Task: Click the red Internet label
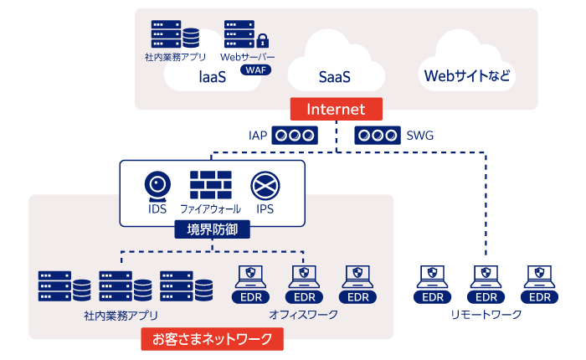(336, 109)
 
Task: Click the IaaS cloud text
(213, 77)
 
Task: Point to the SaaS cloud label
(335, 77)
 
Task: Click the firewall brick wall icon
(210, 183)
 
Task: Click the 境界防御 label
(213, 229)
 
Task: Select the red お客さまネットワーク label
(213, 339)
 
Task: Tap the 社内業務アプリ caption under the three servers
(121, 316)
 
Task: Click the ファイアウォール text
(211, 208)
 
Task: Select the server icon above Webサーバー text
(239, 34)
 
